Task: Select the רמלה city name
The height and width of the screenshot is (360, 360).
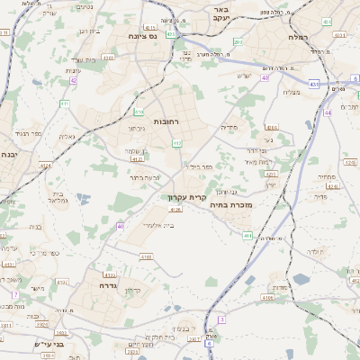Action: pos(301,38)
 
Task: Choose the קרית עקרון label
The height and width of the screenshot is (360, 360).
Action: pos(187,195)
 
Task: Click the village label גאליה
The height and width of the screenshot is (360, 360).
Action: pos(67,137)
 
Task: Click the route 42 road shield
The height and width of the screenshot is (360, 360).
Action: pos(73,80)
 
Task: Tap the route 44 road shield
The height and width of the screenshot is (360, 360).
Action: pos(328,112)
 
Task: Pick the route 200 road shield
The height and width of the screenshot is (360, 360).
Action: pos(238,42)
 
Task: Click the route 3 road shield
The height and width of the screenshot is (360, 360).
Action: pos(221,319)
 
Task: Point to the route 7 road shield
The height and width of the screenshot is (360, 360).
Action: pos(15,294)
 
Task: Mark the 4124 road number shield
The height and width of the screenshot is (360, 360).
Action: pos(46,166)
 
